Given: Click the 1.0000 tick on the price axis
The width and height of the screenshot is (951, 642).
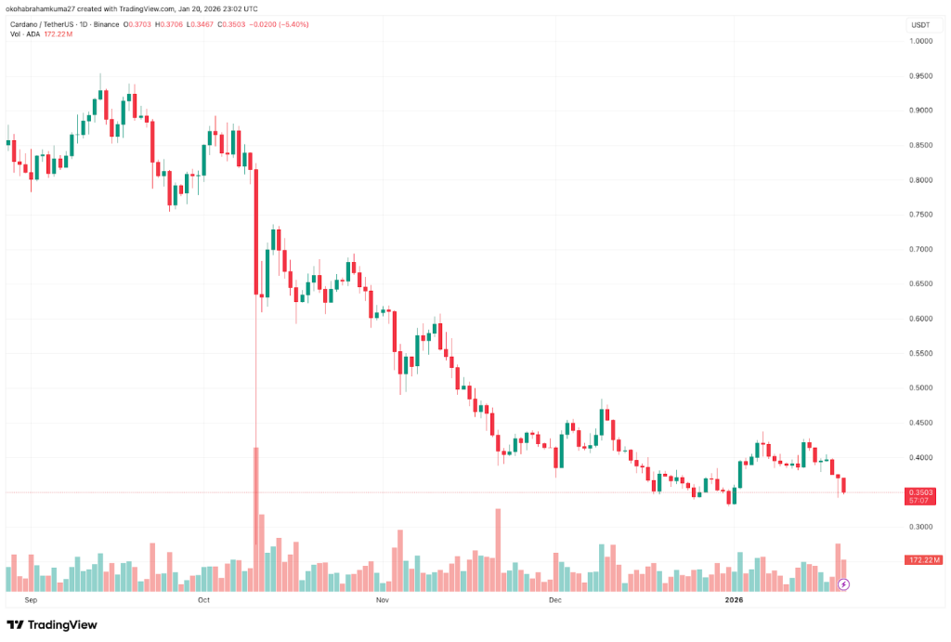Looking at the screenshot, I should pos(921,41).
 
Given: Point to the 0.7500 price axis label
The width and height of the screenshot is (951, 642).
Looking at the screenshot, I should pos(921,215).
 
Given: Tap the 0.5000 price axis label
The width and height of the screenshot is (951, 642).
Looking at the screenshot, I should pos(921,388).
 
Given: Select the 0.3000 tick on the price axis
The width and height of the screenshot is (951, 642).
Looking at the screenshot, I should pos(921,527).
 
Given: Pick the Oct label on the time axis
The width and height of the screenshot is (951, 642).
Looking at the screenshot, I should pos(205,600).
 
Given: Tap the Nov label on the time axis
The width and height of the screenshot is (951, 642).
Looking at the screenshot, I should pos(382,600).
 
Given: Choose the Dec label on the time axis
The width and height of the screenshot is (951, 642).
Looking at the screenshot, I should pos(554,600).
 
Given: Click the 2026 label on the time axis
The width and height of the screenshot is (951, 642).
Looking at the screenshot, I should pos(734,600).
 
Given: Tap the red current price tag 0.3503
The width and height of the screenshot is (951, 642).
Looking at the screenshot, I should pos(921,492).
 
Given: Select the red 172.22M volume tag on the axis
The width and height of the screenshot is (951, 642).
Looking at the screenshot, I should pos(923,560).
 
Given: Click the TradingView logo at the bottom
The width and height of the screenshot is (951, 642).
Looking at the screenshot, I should pos(52,624).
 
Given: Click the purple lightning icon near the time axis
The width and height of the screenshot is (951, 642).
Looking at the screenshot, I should pos(844,584).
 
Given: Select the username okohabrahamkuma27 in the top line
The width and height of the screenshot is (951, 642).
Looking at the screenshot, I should pos(44,7).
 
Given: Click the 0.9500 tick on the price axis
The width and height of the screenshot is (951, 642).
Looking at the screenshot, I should pos(921,76).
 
